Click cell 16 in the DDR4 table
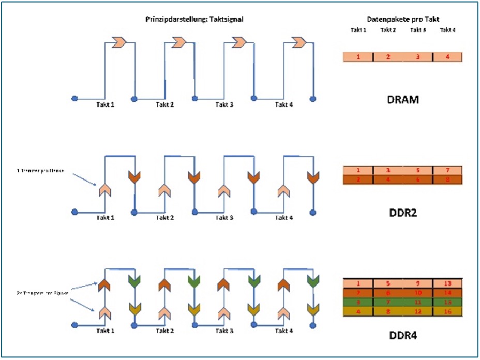447,312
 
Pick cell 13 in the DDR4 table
447,283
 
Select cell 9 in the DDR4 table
417,283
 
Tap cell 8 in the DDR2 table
447,180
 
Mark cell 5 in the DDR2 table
417,170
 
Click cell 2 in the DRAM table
388,57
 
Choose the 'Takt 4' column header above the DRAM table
448,29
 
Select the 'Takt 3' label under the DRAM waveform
224,104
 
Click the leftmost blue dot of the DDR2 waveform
74,212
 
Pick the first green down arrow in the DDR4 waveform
134,282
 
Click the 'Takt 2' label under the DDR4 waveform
165,330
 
